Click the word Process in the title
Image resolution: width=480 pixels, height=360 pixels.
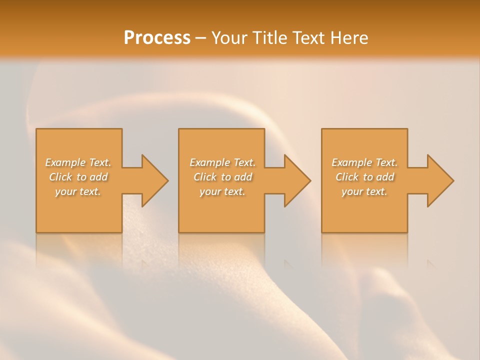coord(157,38)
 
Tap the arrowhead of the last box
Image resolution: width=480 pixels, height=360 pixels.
coord(439,180)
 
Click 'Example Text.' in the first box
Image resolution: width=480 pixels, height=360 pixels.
coord(78,162)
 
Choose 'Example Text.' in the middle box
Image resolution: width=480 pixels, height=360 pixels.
coord(222,162)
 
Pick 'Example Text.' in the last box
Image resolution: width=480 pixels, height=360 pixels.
coord(364,162)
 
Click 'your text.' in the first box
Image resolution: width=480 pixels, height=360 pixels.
coord(78,191)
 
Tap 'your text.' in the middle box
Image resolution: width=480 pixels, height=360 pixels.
coord(222,191)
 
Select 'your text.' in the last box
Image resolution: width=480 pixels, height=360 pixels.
coord(364,191)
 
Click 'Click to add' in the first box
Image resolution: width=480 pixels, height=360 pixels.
coord(78,177)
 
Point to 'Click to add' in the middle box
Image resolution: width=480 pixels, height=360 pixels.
coord(222,177)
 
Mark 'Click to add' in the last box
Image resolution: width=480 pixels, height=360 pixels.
coord(364,177)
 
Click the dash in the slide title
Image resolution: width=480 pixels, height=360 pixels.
coord(201,38)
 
